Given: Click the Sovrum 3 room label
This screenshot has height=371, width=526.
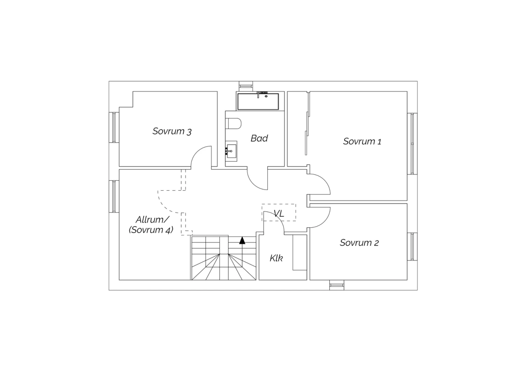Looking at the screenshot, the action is (172, 131).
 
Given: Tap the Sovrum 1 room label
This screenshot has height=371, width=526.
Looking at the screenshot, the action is (362, 141).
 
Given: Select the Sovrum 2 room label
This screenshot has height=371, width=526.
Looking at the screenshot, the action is (359, 243).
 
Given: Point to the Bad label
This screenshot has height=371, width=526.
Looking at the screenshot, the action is (259, 138).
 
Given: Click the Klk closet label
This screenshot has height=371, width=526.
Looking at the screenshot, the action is (276, 258).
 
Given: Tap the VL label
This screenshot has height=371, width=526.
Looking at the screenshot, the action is (279, 213).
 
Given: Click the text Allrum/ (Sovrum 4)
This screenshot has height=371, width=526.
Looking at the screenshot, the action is (151, 225).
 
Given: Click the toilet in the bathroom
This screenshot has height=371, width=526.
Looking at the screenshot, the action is (233, 124).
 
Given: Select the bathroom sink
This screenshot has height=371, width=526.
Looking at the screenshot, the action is (231, 151).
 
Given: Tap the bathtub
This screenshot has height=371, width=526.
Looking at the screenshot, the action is (258, 101).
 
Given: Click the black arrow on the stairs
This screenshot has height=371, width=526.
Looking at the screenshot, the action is (242, 240).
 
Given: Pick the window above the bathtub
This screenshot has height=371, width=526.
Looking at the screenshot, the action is (246, 85).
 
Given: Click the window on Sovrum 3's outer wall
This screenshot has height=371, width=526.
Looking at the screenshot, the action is (114, 127).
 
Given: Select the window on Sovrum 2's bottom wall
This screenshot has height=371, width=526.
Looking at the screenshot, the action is (337, 285).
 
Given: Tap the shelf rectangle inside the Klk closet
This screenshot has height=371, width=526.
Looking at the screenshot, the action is (300, 252).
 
